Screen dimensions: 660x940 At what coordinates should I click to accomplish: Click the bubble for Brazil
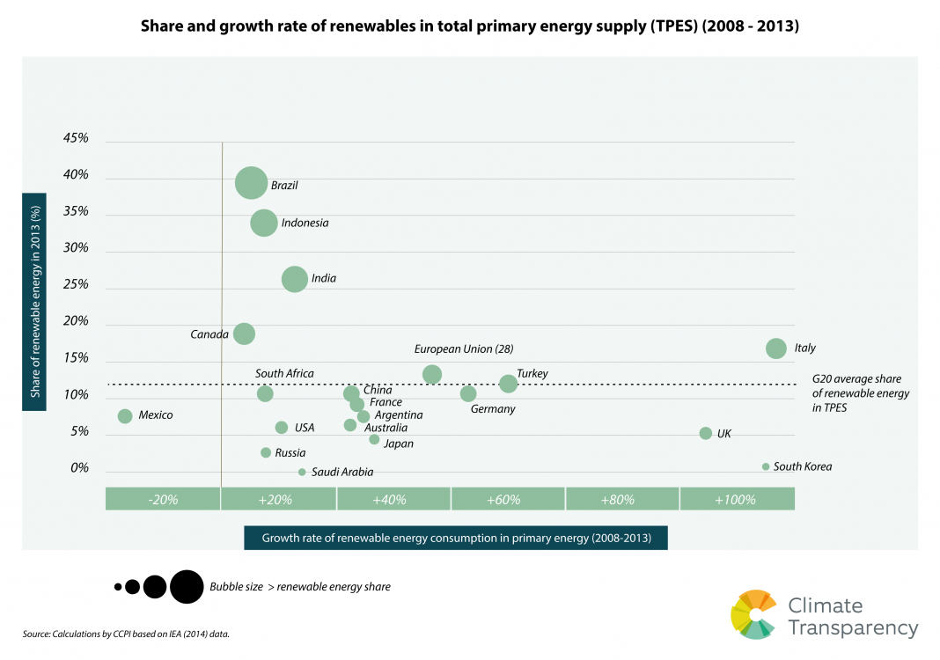[x=252, y=183]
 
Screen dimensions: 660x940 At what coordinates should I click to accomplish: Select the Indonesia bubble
[x=263, y=223]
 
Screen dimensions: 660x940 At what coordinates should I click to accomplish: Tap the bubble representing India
[x=295, y=279]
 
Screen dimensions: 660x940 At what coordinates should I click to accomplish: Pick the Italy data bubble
[x=775, y=348]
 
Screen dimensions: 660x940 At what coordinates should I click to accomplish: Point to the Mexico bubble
[x=125, y=416]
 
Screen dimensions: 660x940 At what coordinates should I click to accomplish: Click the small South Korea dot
[x=766, y=466]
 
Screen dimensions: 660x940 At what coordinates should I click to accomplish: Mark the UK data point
[x=705, y=433]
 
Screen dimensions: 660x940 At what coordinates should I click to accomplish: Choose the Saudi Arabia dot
[x=302, y=472]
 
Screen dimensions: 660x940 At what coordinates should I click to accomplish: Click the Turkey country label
[x=532, y=374]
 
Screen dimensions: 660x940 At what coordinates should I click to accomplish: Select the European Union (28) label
[x=464, y=349]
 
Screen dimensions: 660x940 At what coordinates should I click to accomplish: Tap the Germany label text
[x=493, y=409]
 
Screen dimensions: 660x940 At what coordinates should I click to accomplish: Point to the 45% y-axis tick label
[x=76, y=138]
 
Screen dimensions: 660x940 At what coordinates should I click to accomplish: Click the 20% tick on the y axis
[x=76, y=321]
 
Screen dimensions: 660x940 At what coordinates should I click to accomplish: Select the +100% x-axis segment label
[x=736, y=500]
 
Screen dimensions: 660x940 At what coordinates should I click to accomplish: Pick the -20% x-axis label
[x=164, y=500]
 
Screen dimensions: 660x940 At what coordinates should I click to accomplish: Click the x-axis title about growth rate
[x=456, y=538]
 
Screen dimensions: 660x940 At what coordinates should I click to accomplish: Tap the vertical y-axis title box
[x=35, y=301]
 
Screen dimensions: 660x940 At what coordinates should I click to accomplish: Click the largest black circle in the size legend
[x=187, y=586]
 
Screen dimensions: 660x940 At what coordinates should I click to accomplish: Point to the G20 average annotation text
[x=860, y=394]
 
